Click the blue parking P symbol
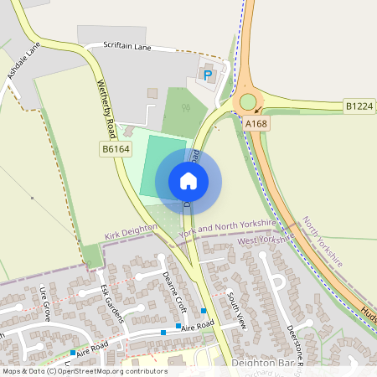point(208,75)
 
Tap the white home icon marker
point(188,180)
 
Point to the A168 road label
point(256,123)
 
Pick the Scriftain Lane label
point(127,48)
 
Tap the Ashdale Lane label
point(23,63)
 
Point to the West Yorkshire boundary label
point(266,240)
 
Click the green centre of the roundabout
point(248,102)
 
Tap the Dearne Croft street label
point(174,290)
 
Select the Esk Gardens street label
point(111,301)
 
